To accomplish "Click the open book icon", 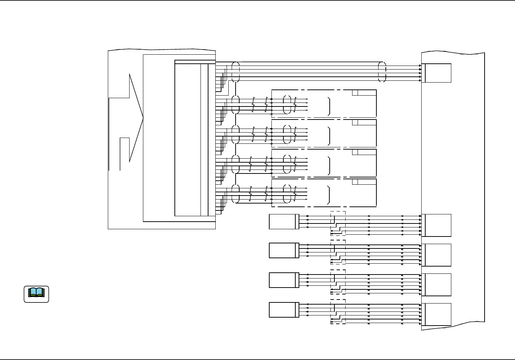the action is (36, 294).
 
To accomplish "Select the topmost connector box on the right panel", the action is (438, 73).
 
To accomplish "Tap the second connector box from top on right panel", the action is (438, 225).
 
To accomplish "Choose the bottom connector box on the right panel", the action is (438, 314).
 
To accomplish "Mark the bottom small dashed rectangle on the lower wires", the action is (338, 312).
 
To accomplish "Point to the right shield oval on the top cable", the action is (382, 72).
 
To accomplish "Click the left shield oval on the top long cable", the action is (235, 72).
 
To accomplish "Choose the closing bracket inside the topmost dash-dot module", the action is (329, 106).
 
